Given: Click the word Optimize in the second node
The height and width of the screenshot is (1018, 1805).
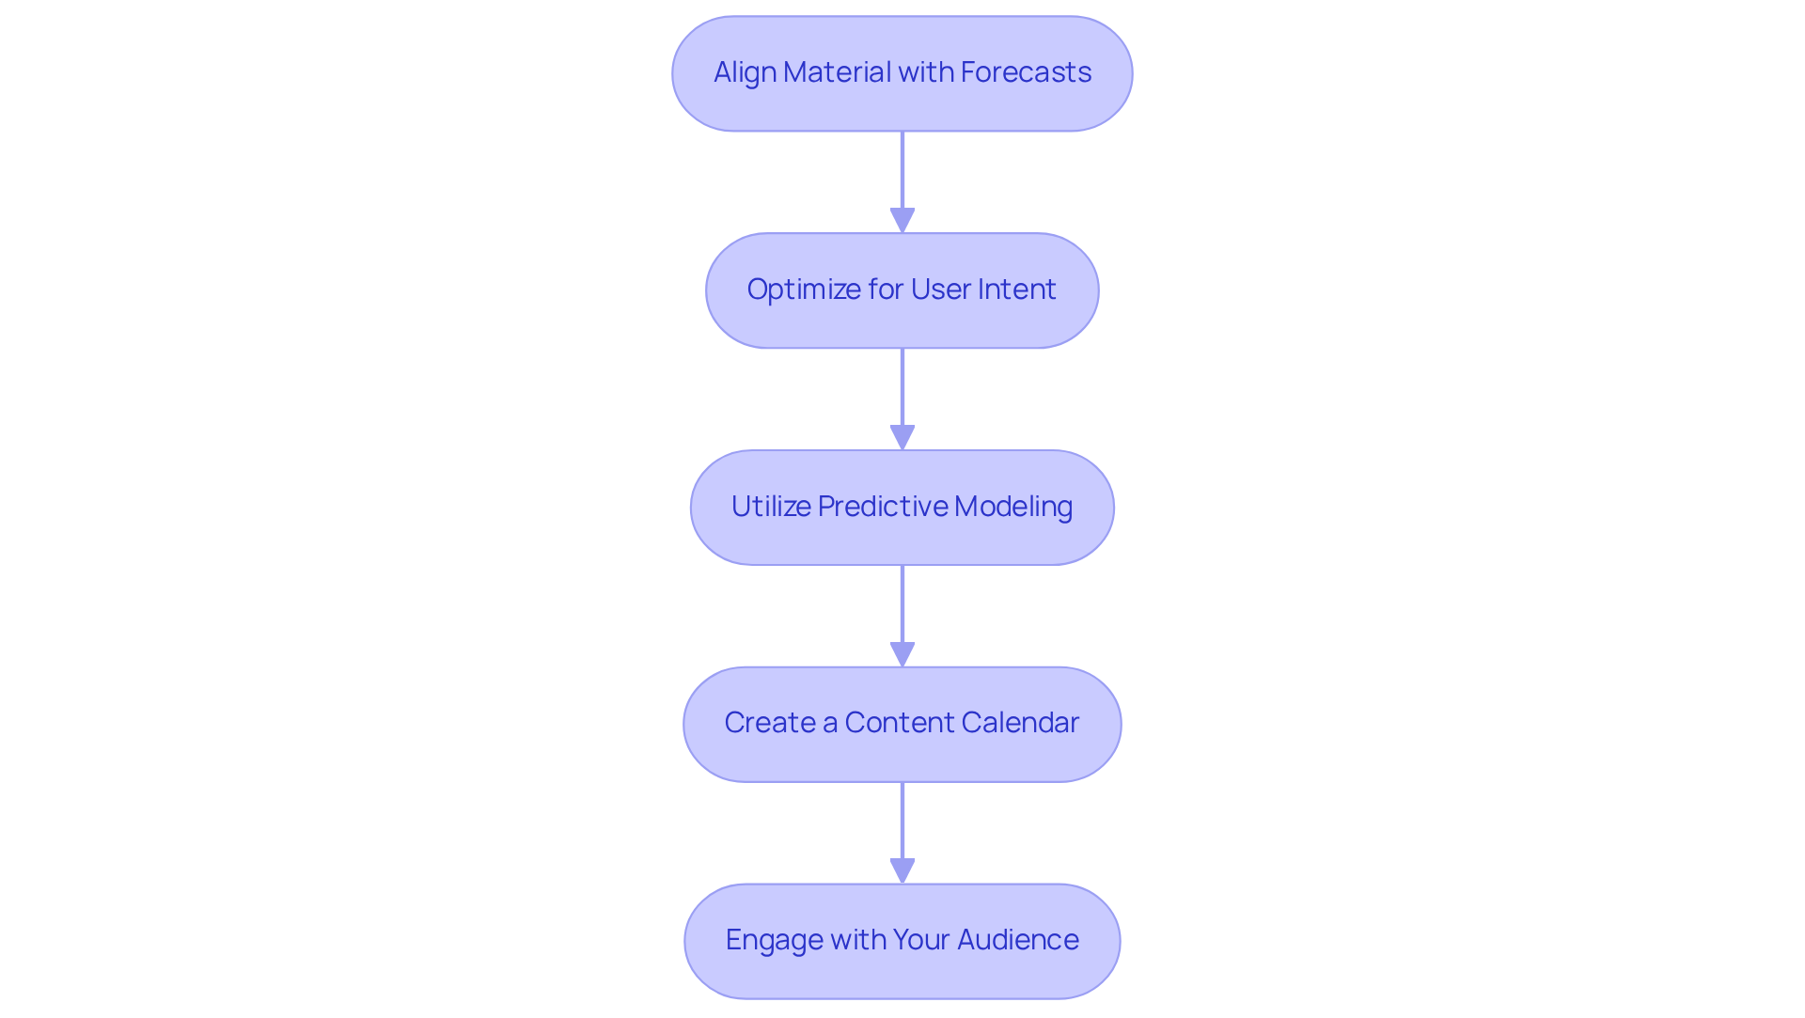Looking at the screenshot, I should click(803, 290).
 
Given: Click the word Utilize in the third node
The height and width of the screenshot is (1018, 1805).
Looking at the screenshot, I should click(770, 507).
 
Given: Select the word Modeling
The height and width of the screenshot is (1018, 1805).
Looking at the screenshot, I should click(1012, 507).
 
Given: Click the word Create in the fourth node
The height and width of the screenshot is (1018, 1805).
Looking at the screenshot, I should click(769, 723).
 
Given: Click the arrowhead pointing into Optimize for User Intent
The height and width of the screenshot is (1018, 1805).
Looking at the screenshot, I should click(902, 221).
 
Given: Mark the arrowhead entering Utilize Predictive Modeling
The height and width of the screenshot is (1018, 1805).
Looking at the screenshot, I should click(902, 438).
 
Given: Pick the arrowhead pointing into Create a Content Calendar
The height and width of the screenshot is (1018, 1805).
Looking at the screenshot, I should click(902, 655).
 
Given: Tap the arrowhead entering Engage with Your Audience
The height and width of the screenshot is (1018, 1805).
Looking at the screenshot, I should click(902, 871).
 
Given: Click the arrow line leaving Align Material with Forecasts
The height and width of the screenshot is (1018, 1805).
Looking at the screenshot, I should click(902, 169).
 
